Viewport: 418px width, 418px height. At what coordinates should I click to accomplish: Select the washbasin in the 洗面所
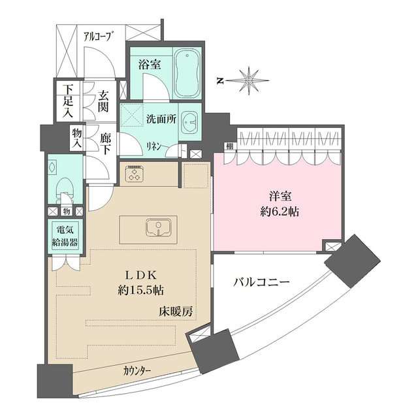click(x=190, y=122)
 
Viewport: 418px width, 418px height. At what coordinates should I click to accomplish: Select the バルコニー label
click(x=261, y=283)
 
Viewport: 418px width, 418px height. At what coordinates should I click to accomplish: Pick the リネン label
click(x=153, y=146)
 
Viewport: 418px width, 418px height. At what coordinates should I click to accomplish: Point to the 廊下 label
click(x=105, y=144)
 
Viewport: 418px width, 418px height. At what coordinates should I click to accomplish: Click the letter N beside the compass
click(x=221, y=81)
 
